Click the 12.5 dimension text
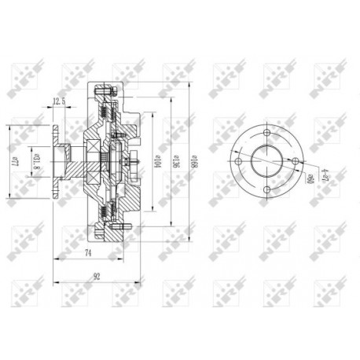click(x=58, y=101)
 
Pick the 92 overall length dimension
click(x=97, y=275)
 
